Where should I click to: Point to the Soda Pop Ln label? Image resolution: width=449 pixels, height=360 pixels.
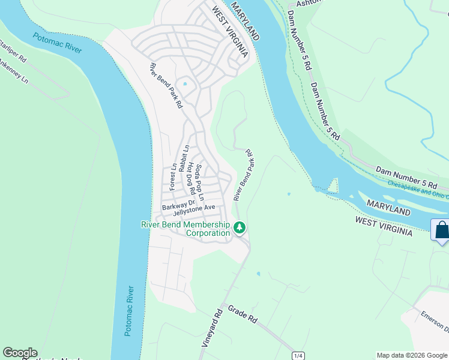pos(201,182)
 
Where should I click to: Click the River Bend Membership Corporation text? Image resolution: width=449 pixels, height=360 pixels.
pos(185,229)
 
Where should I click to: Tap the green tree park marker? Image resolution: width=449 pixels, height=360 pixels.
pos(240,227)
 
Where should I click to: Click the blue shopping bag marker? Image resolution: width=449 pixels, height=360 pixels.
pos(441,230)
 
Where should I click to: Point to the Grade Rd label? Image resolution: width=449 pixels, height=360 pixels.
pos(243,314)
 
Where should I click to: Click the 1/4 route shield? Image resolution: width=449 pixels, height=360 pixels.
pos(297,356)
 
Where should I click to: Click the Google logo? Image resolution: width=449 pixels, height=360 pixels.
pos(20,353)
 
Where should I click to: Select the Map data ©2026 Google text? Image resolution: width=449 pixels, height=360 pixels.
pos(412,355)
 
